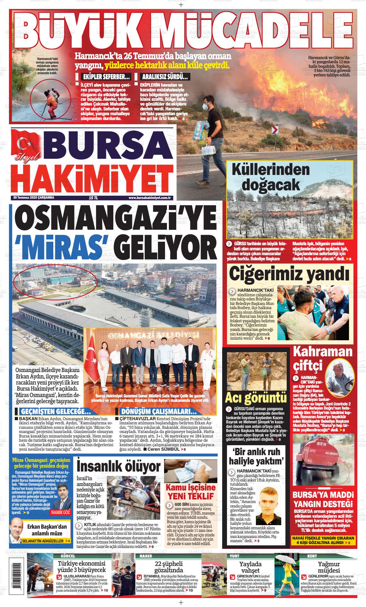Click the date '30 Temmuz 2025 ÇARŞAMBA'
34,198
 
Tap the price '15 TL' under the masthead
93,198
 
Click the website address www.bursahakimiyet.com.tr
149,198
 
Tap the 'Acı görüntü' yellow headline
256,398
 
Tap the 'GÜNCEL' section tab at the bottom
68,556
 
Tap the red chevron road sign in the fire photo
274,130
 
